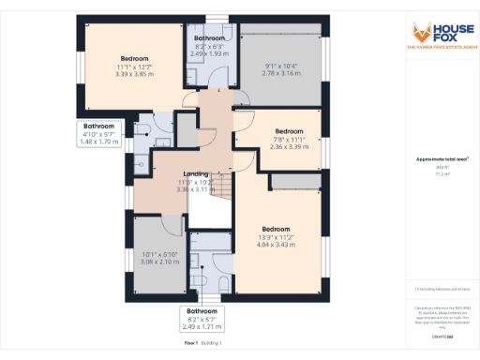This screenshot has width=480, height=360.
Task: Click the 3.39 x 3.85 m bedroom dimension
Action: [134, 74]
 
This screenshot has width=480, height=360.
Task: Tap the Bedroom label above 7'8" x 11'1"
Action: [289, 131]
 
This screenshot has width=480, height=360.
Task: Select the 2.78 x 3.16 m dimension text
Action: [280, 72]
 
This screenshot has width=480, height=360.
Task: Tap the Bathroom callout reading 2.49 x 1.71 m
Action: [202, 327]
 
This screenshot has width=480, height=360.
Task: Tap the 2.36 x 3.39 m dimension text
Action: [289, 146]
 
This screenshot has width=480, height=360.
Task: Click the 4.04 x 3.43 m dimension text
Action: [276, 245]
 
